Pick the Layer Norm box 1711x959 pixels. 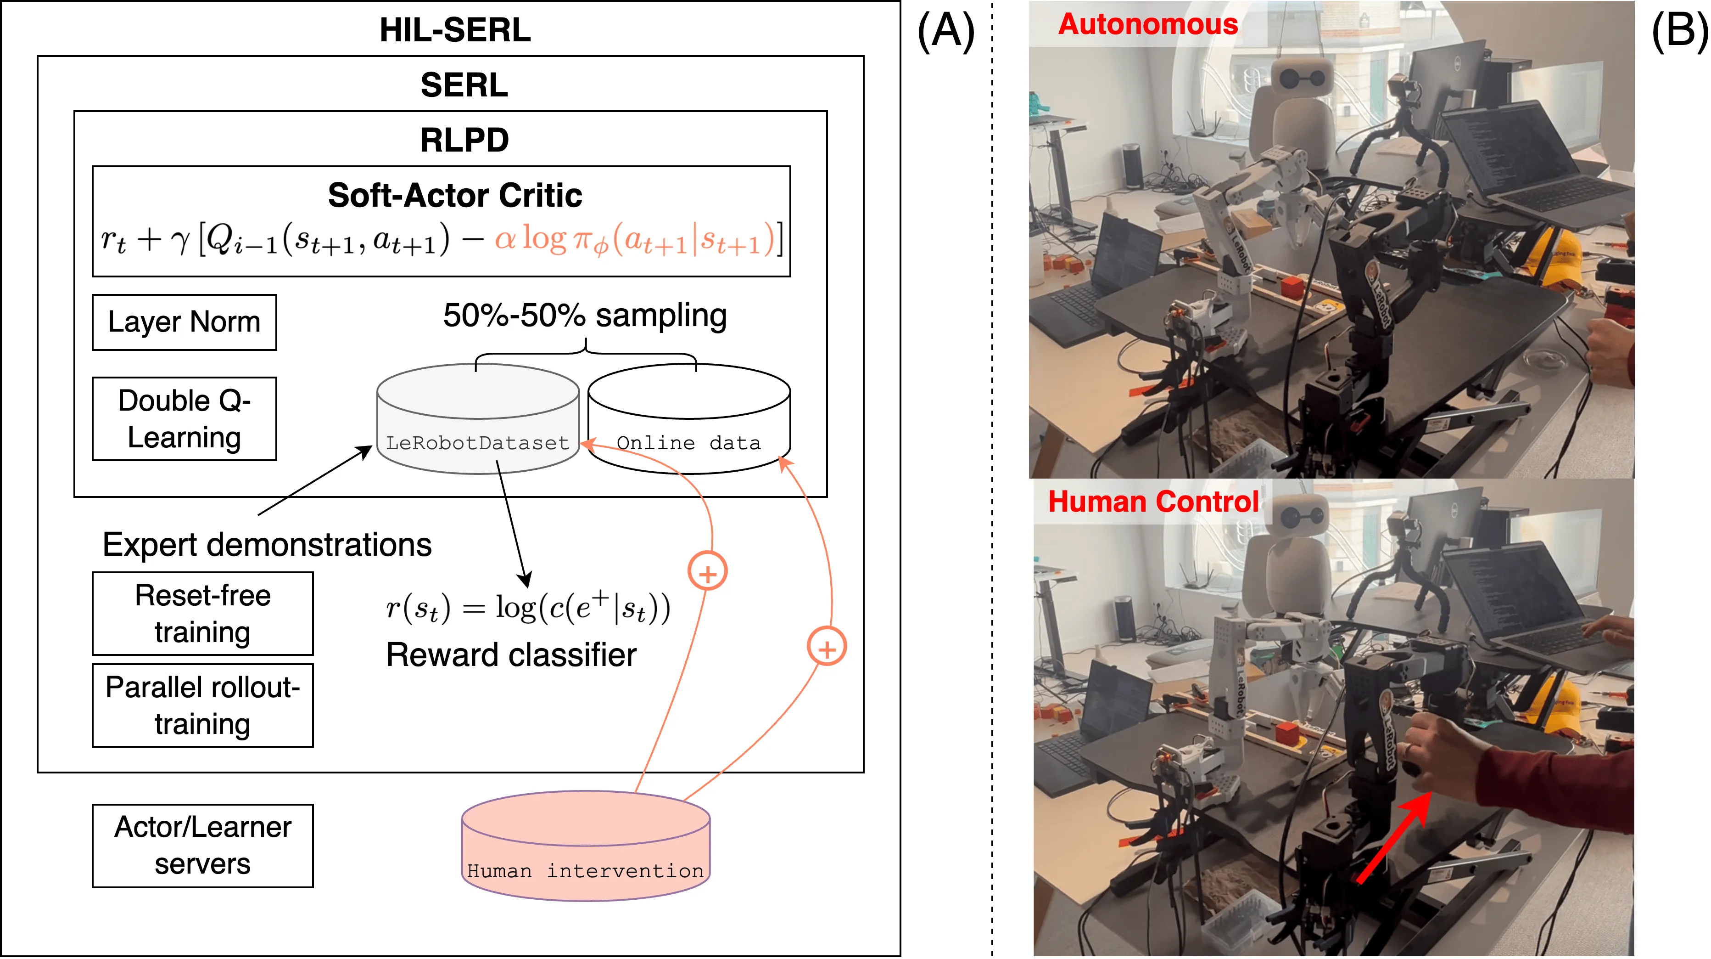pos(184,322)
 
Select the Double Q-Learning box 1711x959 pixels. pos(184,419)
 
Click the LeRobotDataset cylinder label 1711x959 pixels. pos(478,443)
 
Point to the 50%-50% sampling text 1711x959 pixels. pos(585,315)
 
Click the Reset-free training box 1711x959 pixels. pos(202,614)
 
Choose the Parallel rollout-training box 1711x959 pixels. pos(202,705)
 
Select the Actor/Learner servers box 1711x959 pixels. pos(202,846)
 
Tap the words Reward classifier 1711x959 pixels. pos(511,655)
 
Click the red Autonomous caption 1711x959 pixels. pos(1148,25)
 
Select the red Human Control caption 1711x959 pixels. pos(1153,502)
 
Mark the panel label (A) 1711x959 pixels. pos(946,31)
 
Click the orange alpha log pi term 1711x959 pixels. pos(634,239)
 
